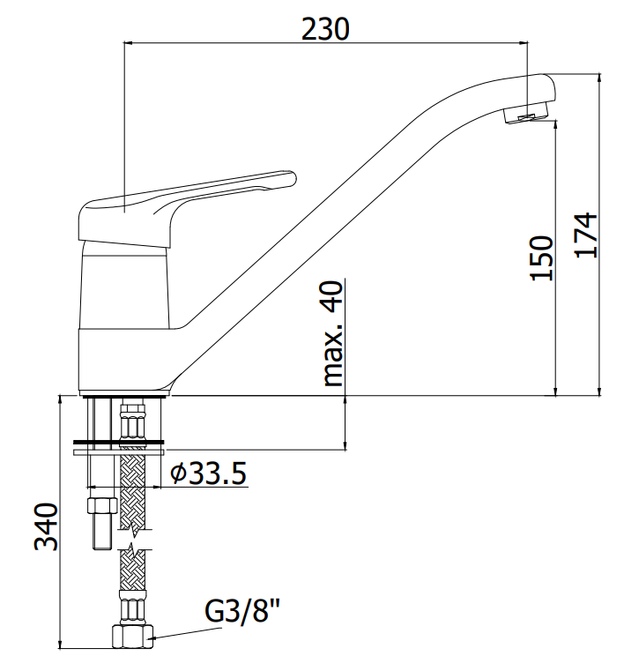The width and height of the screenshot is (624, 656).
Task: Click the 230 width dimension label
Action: pos(325,29)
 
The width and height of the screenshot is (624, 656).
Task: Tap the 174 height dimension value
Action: pos(586,235)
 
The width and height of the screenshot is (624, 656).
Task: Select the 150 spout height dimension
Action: pos(542,257)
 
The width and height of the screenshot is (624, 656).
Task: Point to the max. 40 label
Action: pos(333,333)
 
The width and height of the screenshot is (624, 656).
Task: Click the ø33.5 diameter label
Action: pos(208,473)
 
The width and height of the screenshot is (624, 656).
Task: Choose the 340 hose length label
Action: pos(46,526)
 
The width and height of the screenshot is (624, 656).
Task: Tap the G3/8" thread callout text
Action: pos(242,611)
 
